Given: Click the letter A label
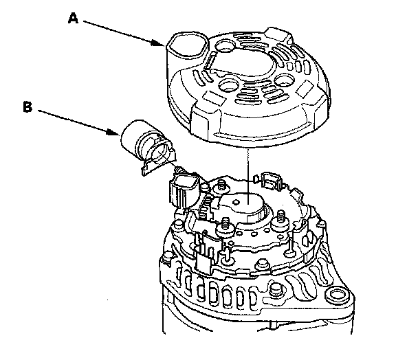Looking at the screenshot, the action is pos(74,19).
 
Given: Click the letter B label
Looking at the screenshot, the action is pos(28,106).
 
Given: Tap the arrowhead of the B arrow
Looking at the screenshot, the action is pos(113,132).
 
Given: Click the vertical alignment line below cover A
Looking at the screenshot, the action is pos(248,176).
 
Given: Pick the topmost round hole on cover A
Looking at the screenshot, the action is pos(224,46).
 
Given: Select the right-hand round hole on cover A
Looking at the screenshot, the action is pos(285,82).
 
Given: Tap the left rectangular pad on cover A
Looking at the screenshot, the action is pos(214,98).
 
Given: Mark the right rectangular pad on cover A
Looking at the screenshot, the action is pos(305,89).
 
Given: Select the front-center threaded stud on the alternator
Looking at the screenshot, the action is pos(225,225).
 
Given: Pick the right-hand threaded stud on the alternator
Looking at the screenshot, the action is pos(280,220).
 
